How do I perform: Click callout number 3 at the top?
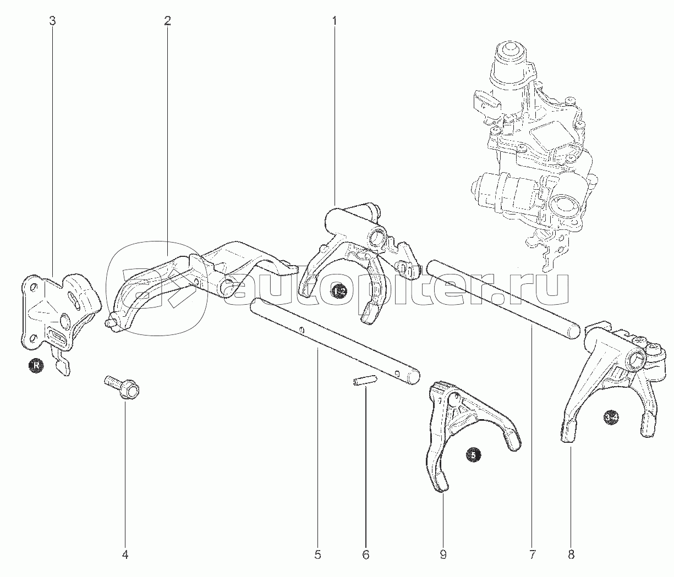tap(52, 21)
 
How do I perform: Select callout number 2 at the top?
tap(167, 21)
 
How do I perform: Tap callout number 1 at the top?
tap(334, 21)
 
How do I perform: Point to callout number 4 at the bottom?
tap(125, 555)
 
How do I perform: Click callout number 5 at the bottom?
tap(317, 555)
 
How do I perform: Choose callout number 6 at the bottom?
tap(366, 555)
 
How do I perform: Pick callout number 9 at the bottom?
tap(443, 555)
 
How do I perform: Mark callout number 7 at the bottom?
tap(532, 555)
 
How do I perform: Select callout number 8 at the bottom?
tap(571, 555)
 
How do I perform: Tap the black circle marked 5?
tap(474, 454)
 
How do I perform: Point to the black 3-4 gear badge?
tap(610, 418)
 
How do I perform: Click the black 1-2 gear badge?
tap(339, 291)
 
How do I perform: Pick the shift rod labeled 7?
tap(503, 298)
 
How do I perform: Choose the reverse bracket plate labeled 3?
tap(58, 316)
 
